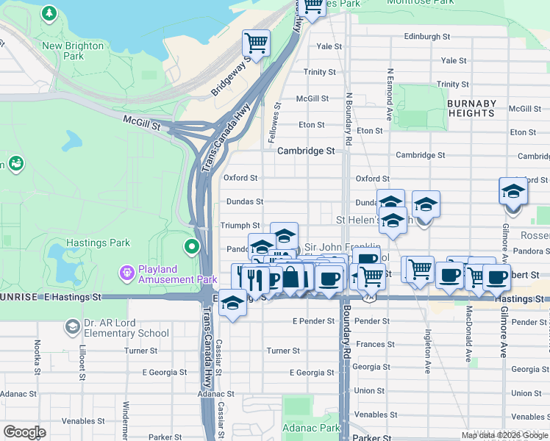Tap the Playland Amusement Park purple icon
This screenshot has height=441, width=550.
[x=128, y=273]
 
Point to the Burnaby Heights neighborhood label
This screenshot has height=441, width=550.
[x=471, y=108]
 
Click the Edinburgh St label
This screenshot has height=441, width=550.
[x=426, y=37]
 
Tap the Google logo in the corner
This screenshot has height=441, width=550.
[x=24, y=432]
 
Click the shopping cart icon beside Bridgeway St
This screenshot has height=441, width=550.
[x=256, y=43]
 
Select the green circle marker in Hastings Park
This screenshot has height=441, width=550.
[x=192, y=246]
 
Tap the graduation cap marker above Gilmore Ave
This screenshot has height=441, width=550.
[x=513, y=191]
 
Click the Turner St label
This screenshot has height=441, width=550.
[x=283, y=351]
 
